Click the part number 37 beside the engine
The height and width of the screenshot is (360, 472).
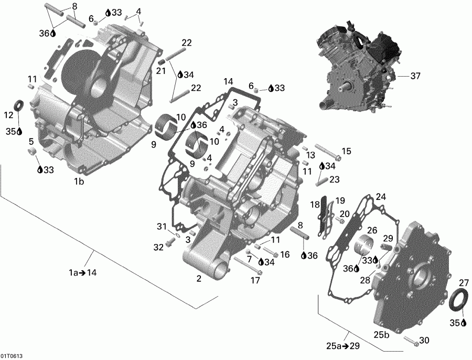(x=415, y=76)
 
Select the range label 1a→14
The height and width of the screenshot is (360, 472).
(x=83, y=272)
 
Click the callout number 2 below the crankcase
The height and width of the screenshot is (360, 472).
(x=199, y=279)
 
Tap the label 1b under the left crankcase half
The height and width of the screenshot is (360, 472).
(x=79, y=182)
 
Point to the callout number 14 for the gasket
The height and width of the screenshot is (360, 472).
(x=228, y=81)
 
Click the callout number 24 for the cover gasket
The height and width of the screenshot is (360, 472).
(x=380, y=197)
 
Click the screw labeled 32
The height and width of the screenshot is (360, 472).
(x=170, y=243)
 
